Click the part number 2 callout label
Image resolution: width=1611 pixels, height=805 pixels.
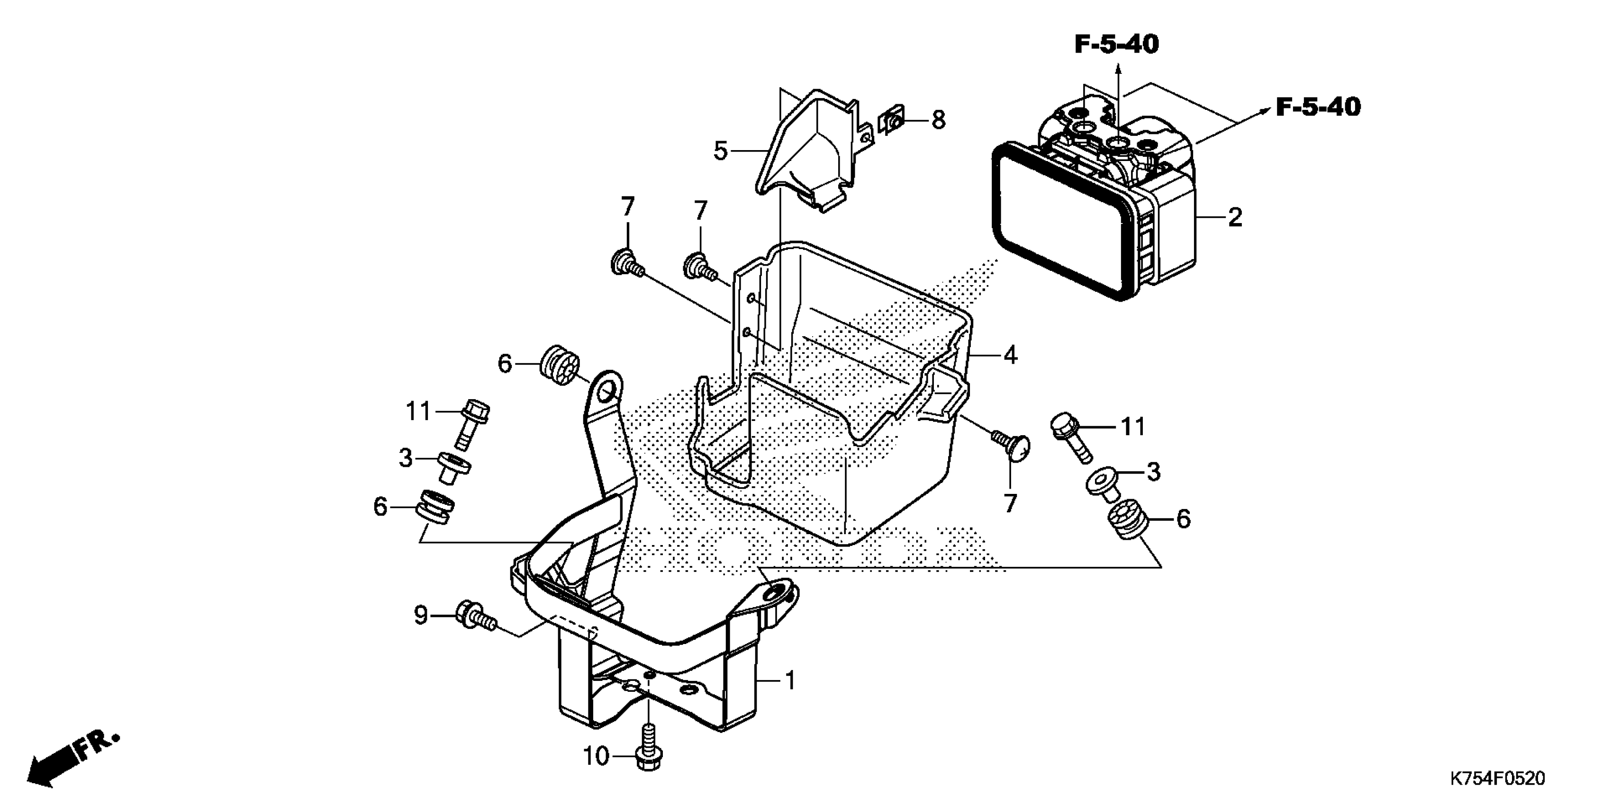click(x=1234, y=217)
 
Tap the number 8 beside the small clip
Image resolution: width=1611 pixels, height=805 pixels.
click(x=938, y=120)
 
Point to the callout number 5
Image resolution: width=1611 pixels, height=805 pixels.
click(x=720, y=151)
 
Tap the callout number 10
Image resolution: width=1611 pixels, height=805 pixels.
click(x=596, y=757)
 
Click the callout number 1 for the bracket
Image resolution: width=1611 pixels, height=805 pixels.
click(x=790, y=680)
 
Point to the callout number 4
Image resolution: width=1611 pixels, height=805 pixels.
click(x=1010, y=355)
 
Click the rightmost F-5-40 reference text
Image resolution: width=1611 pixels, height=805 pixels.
click(x=1318, y=107)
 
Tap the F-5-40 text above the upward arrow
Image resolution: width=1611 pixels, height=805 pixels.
click(x=1116, y=45)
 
